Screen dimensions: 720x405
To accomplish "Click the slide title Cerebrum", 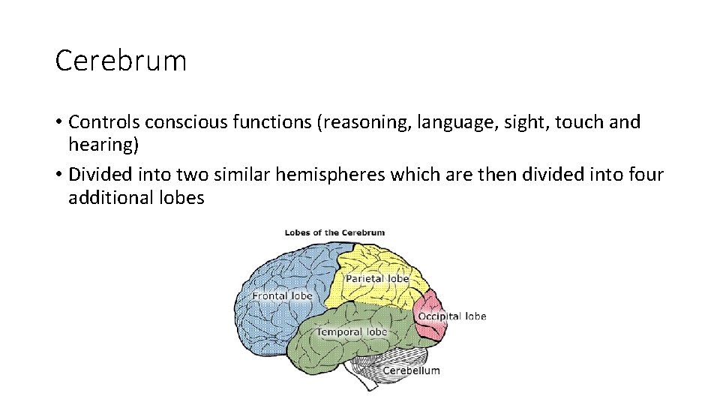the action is click(121, 61).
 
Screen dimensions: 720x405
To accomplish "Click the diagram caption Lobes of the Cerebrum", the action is click(334, 232).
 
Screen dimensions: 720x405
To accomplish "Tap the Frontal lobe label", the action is click(282, 295).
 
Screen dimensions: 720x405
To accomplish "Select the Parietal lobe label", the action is click(376, 278).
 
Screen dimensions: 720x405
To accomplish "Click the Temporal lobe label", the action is click(351, 331).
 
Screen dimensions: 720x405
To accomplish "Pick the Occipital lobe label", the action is click(451, 316).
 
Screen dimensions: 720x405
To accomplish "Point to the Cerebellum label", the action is click(411, 370).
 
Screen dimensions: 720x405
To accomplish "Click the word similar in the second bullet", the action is click(241, 175).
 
